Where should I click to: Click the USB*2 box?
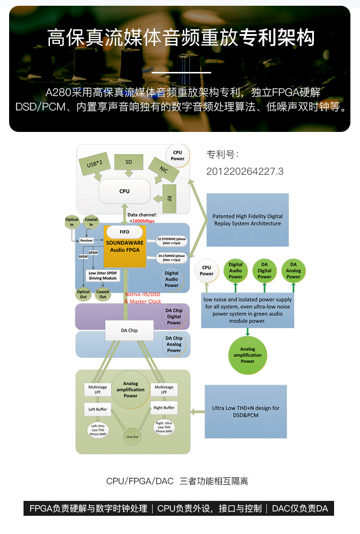(98, 165)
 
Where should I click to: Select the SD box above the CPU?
(129, 163)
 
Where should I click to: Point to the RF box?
(169, 198)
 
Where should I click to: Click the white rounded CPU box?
(124, 191)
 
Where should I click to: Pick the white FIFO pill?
(124, 232)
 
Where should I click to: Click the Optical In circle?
(72, 222)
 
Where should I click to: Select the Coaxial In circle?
(91, 222)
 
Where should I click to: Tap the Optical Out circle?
(83, 294)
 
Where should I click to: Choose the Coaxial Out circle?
(103, 294)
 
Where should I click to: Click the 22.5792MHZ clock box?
(171, 240)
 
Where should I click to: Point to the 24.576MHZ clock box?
(171, 259)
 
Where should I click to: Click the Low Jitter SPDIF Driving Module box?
(102, 275)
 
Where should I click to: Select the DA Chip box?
(129, 331)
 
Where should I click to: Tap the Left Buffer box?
(97, 410)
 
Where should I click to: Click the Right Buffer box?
(164, 408)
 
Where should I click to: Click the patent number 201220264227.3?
(245, 171)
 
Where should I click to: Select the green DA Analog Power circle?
(293, 270)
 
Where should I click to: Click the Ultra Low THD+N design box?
(246, 411)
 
